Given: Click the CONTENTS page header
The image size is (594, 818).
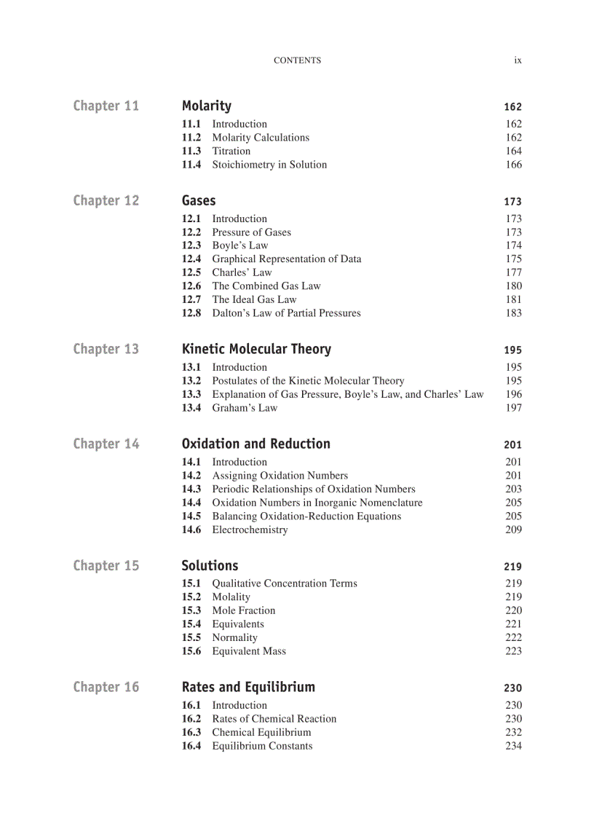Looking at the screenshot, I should coord(297,60).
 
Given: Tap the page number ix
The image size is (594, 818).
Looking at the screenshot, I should coord(518,60).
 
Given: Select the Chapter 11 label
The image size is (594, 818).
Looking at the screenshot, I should coord(106,106).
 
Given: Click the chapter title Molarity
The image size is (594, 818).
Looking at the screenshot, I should coord(206,106).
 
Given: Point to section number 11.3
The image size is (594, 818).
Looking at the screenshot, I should coord(191,151).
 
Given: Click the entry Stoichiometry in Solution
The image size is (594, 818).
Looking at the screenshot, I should coord(269,165).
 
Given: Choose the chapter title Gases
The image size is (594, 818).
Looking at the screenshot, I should coord(199,200).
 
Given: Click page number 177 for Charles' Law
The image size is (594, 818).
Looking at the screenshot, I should coord(513,272).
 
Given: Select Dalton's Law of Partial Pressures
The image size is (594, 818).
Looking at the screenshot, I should coord(286,313).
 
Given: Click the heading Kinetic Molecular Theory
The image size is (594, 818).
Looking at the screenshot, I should coord(256,349).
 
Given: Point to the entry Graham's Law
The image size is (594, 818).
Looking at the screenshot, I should coord(245,408).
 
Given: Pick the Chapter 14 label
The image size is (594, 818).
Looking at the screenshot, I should coord(106,444).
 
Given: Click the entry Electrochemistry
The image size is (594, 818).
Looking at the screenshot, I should coord(250,530).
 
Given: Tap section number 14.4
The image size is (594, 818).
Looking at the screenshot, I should coord(191,503).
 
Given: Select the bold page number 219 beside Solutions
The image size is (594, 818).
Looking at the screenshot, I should coord(512,567).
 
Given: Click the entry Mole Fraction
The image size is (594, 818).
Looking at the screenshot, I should coord(243,610).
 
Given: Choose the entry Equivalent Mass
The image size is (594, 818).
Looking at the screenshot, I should coord(248,651).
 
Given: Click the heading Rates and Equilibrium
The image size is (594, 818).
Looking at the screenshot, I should coord(248,687).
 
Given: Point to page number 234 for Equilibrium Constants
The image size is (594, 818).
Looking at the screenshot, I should coord(513,746).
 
